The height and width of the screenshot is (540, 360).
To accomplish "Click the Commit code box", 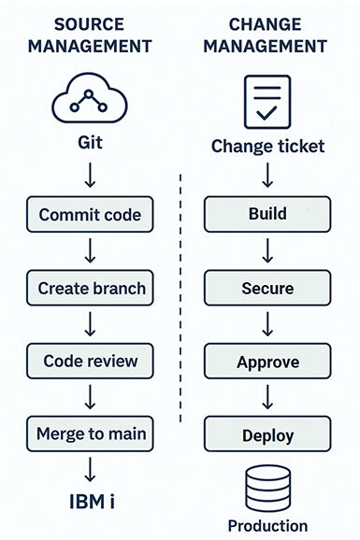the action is coord(90,214).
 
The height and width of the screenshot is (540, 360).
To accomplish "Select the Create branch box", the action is coord(90,288).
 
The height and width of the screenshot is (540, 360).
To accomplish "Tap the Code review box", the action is coord(90,361).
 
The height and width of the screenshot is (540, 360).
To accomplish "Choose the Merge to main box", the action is coord(90,433).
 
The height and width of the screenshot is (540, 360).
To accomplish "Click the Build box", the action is coord(267,214).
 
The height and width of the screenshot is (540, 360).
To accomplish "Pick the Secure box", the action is coord(267,288).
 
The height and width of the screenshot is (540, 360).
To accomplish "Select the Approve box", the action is coord(267,361).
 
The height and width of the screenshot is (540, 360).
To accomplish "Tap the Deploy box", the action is coord(267,433).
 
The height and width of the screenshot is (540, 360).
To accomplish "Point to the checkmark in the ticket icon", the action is coord(266,113).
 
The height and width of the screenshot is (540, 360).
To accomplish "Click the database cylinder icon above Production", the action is coord(268,489).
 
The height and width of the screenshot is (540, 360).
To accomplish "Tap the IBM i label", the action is coord(92,502).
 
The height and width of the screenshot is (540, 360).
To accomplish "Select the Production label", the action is coord(268,526).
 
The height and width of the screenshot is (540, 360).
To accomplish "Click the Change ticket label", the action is coord(268,147).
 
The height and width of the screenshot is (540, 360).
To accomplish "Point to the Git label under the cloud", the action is coord(90,142).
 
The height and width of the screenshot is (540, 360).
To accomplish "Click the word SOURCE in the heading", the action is coord(89,24).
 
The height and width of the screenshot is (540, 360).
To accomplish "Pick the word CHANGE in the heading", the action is coord(266,24).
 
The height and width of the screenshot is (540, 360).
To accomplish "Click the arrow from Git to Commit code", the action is coord(90,176).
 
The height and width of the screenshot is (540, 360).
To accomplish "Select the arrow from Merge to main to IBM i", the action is coord(90,469).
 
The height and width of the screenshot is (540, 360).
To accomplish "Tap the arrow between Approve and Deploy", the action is coord(267,397).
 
